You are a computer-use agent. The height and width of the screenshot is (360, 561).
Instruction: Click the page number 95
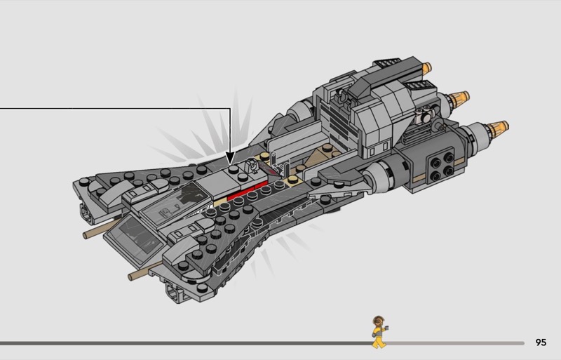point(540,342)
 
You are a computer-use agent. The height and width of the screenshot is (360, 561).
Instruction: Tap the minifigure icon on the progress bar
point(378,331)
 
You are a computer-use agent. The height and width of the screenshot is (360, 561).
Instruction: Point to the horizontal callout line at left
point(105,109)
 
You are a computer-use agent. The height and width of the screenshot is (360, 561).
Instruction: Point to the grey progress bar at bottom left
point(182,343)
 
